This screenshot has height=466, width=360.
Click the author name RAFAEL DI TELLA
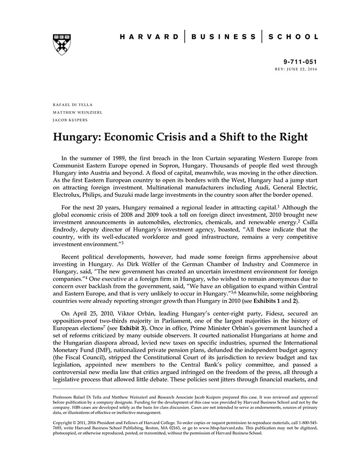[x=73, y=104]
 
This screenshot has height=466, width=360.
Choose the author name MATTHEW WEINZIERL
[x=77, y=112]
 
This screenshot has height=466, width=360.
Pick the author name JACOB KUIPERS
[x=70, y=119]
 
